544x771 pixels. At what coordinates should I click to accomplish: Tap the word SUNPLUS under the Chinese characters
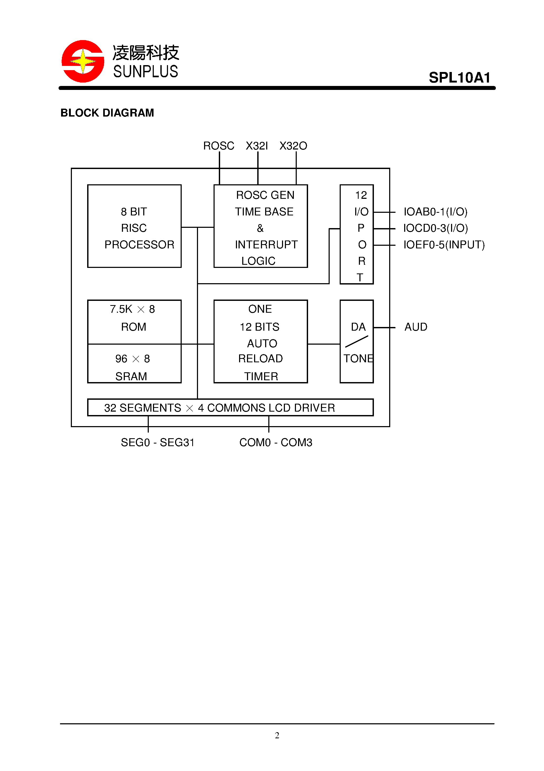(x=145, y=71)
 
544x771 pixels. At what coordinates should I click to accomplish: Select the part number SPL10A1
(x=459, y=78)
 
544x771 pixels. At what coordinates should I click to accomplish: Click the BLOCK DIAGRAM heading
(x=107, y=113)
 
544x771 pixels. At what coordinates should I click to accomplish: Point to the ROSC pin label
(x=218, y=146)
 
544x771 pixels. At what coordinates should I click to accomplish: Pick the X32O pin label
(x=293, y=146)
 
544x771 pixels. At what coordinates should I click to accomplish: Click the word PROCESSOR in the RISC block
(x=139, y=244)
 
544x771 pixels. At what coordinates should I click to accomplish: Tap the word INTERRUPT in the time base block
(x=266, y=244)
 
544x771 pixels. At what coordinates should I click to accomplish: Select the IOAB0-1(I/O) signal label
(x=435, y=211)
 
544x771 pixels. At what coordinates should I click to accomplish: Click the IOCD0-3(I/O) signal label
(x=435, y=228)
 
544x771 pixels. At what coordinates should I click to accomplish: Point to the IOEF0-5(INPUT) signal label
(x=444, y=244)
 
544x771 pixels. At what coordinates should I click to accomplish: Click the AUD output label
(x=416, y=327)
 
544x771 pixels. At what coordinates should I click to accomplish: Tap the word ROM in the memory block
(x=133, y=327)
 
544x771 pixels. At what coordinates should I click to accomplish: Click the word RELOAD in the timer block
(x=260, y=358)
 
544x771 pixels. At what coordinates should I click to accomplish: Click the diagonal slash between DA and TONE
(x=357, y=341)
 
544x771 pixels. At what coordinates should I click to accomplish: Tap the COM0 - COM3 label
(x=275, y=442)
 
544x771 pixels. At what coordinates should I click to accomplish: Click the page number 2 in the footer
(x=277, y=735)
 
